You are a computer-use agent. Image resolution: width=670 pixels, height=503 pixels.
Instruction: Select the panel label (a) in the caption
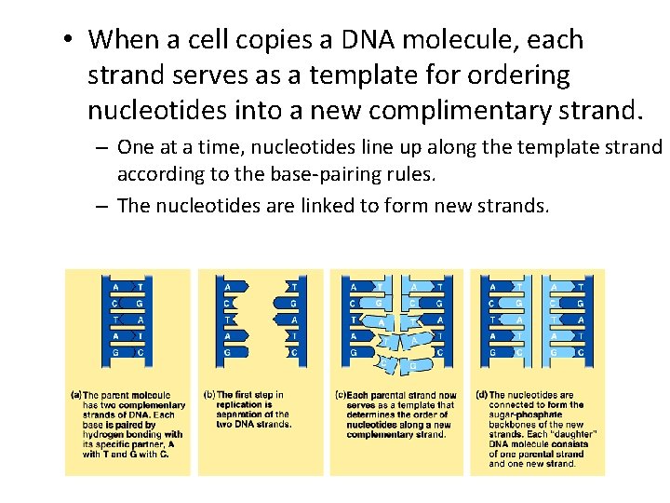click(75, 394)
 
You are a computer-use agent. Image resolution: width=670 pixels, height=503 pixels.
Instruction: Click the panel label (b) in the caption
click(209, 394)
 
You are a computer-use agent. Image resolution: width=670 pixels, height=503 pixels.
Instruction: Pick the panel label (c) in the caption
click(341, 395)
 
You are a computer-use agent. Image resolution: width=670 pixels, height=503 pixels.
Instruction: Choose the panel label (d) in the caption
click(480, 395)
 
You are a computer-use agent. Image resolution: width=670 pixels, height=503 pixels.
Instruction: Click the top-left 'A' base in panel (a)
click(115, 287)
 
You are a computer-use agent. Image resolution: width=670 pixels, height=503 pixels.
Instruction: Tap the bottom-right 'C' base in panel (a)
click(140, 352)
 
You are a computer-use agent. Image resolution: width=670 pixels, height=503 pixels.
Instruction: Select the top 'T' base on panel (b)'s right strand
click(294, 287)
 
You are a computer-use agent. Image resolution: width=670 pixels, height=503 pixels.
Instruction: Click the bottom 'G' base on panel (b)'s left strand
click(227, 352)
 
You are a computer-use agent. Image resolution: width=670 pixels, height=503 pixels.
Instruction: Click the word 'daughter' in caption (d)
click(576, 434)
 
